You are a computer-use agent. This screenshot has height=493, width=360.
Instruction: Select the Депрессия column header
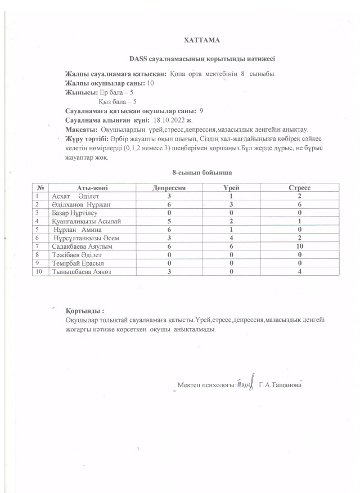[x=169, y=187]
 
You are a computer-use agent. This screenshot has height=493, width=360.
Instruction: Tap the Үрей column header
[x=232, y=187]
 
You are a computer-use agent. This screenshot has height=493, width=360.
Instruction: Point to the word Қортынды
[x=84, y=311]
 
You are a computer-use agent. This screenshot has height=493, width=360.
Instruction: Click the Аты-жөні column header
[x=92, y=187]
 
